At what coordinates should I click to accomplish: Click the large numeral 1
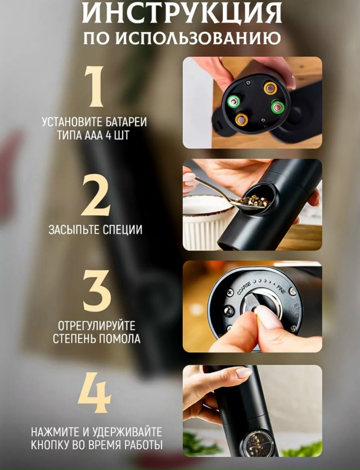tap(94, 87)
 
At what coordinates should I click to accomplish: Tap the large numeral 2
tap(96, 197)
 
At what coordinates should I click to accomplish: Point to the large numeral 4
tap(95, 392)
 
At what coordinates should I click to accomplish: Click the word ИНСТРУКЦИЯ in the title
tap(182, 13)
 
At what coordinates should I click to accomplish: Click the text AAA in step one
tap(94, 135)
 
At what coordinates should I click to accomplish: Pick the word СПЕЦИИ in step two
tap(122, 230)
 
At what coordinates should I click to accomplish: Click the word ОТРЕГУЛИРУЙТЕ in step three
tap(96, 326)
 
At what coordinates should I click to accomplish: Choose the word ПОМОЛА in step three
tap(119, 338)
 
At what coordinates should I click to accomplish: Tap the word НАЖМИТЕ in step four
tap(56, 432)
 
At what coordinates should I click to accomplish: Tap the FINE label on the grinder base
tap(281, 290)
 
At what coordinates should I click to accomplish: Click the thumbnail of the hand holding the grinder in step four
tap(253, 411)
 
